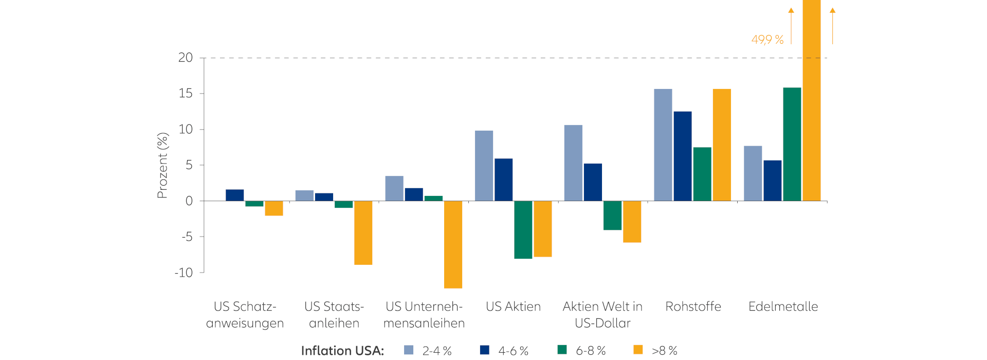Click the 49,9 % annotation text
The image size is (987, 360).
pos(767,40)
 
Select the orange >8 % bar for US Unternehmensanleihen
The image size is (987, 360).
pos(453,244)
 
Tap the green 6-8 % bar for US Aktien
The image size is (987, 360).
pos(523,229)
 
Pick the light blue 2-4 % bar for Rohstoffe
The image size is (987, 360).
pos(663,145)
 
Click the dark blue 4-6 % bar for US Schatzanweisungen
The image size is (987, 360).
pos(234,195)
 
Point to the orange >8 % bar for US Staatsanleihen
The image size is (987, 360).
pos(363,232)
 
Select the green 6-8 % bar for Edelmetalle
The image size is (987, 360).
pos(792,144)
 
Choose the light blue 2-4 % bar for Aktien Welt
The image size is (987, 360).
pos(573,163)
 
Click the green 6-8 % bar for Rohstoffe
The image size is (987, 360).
pos(702,174)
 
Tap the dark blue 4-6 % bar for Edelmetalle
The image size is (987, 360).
pos(772,181)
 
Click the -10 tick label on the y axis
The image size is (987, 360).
pos(184,273)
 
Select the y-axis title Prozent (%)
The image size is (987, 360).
pos(162,165)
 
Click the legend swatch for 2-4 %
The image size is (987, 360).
pos(409,350)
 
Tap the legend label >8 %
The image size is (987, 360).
pos(664,351)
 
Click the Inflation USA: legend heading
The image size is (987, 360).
pos(342,351)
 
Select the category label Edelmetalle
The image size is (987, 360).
pos(783,307)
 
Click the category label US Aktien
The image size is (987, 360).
pos(513,307)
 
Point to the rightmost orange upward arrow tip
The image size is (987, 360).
pos(832,10)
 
